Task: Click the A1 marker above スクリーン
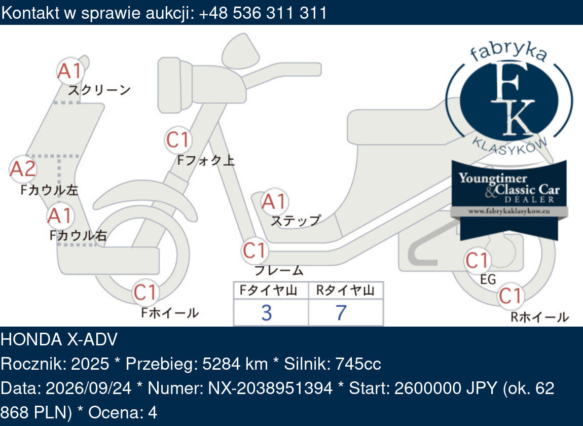[x=70, y=71]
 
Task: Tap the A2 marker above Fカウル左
[x=23, y=169]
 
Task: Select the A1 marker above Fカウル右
[x=60, y=216]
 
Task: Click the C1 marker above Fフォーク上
[x=178, y=140]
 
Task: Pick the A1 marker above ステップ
[x=274, y=202]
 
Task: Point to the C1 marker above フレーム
[x=254, y=251]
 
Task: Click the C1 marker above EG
[x=478, y=261]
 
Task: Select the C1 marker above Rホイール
[x=511, y=296]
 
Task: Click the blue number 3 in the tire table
[x=267, y=313]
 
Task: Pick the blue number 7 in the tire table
[x=341, y=313]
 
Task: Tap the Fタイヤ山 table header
[x=268, y=290]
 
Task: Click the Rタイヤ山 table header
[x=345, y=290]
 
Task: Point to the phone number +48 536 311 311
[x=263, y=13]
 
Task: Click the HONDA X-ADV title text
[x=59, y=339]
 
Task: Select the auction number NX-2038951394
[x=270, y=388]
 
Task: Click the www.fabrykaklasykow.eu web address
[x=509, y=211]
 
